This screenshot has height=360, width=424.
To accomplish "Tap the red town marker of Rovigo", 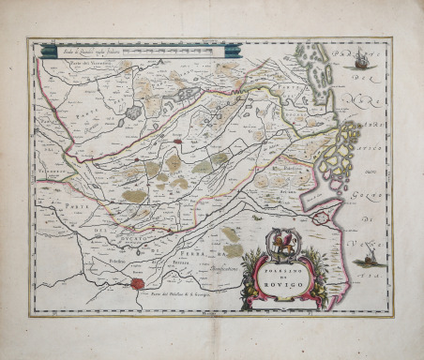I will [x=177, y=142].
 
